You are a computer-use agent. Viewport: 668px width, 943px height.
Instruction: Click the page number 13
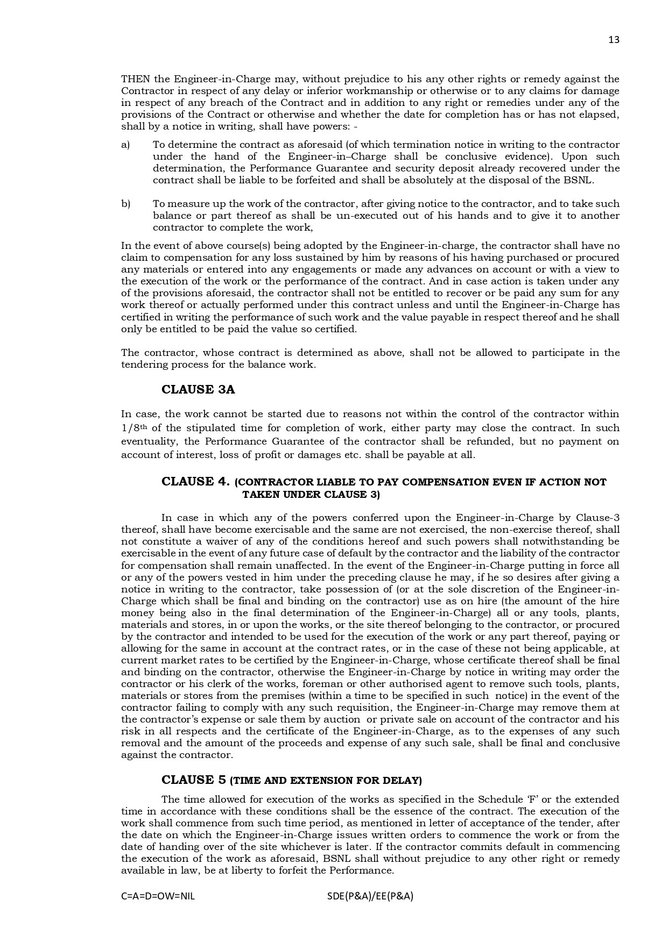tap(614, 40)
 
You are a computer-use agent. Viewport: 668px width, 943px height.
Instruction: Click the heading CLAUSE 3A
tap(198, 390)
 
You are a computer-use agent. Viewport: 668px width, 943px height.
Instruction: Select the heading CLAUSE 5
tap(194, 780)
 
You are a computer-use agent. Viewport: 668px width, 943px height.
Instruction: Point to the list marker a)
tap(126, 145)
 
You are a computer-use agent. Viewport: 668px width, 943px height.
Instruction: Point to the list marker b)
tap(126, 204)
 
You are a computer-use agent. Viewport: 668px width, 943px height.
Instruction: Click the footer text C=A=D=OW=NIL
tap(158, 896)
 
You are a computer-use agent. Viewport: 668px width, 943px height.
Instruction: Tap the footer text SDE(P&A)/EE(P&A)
tap(370, 896)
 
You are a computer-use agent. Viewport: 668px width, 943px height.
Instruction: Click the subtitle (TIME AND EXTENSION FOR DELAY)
tap(326, 780)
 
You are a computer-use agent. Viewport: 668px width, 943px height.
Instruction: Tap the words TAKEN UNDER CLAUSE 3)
tap(311, 495)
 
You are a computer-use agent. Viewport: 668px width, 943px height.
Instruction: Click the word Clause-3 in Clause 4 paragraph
tap(597, 518)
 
